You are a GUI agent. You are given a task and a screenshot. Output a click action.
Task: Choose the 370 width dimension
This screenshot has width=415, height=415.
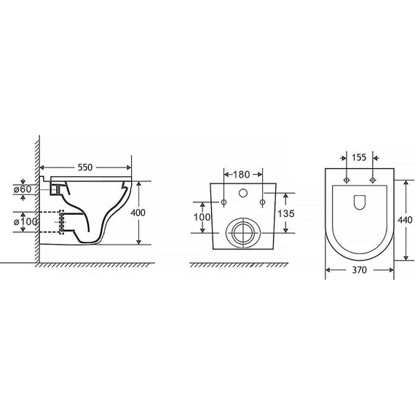tap(358, 270)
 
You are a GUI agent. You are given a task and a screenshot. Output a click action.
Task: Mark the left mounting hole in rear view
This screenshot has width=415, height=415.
tap(224, 202)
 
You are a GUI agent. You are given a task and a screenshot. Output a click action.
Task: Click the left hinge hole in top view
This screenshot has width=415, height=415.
tap(347, 179)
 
